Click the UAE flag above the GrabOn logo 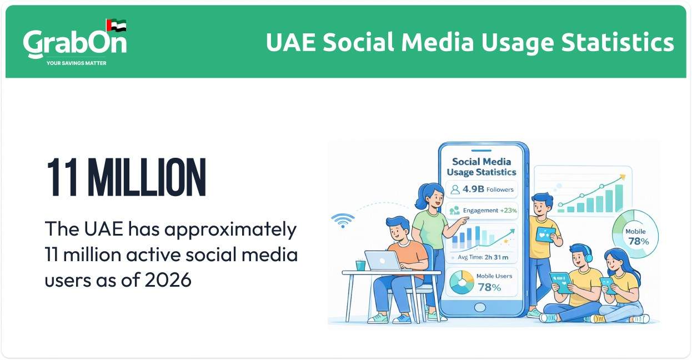click(x=116, y=26)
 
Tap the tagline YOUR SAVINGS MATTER click(x=76, y=63)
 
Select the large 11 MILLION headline click(x=126, y=178)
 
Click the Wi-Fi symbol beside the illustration click(x=343, y=221)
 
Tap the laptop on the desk click(x=383, y=261)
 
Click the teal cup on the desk click(x=360, y=265)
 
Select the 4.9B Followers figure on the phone click(x=482, y=189)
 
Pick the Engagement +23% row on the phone click(x=482, y=211)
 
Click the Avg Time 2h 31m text click(x=482, y=257)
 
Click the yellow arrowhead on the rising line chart click(x=623, y=177)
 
